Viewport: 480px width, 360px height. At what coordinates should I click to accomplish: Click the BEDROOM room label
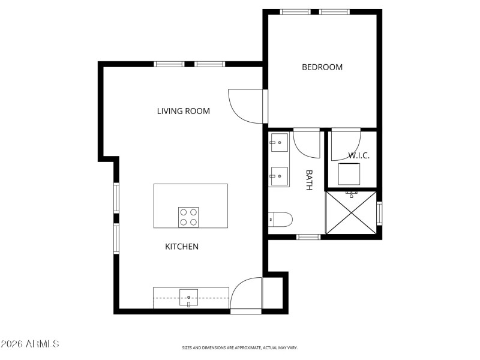[x=322, y=67]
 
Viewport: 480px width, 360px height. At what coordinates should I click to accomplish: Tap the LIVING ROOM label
[x=183, y=111]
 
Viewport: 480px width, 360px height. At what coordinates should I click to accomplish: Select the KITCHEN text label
[x=182, y=247]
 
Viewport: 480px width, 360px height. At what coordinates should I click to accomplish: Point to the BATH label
[x=310, y=180]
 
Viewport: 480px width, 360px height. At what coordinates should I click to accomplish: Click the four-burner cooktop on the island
[x=188, y=217]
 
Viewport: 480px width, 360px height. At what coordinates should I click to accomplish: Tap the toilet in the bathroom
[x=280, y=220]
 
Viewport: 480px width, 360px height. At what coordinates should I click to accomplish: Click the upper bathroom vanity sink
[x=278, y=142]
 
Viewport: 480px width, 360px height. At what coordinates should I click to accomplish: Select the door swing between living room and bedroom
[x=245, y=106]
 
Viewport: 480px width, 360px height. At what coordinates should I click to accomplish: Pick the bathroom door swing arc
[x=306, y=143]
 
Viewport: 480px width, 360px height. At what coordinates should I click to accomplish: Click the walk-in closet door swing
[x=346, y=143]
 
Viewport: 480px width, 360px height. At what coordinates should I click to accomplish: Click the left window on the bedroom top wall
[x=295, y=11]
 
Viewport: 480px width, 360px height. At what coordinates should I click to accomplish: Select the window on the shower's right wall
[x=379, y=213]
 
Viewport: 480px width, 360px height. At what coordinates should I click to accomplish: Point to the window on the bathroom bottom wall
[x=309, y=237]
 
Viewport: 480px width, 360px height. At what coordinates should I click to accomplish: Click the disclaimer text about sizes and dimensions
[x=240, y=347]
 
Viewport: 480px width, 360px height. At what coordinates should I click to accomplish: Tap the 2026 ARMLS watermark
[x=30, y=344]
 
